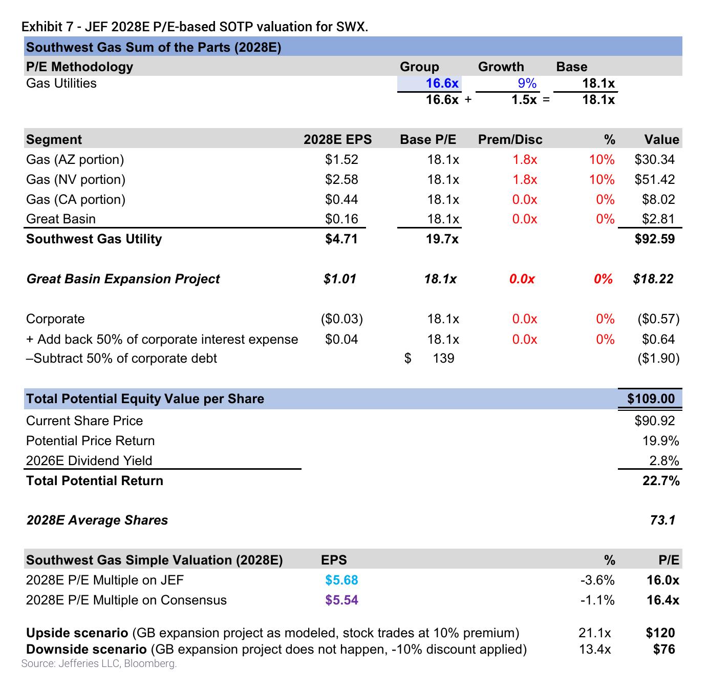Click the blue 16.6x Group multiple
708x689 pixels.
pyautogui.click(x=442, y=83)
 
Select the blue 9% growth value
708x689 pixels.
pyautogui.click(x=527, y=83)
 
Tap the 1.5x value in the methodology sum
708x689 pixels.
pyautogui.click(x=524, y=100)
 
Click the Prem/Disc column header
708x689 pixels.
pyautogui.click(x=510, y=139)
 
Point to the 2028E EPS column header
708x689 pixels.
pyautogui.click(x=337, y=139)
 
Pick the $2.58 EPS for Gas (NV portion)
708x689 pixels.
pyautogui.click(x=341, y=179)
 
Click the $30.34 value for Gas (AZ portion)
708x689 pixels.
pyautogui.click(x=654, y=159)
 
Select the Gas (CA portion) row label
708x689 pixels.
pyautogui.click(x=76, y=199)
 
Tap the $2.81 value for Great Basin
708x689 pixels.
pyautogui.click(x=658, y=219)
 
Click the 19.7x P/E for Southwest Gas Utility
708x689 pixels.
pyautogui.click(x=442, y=239)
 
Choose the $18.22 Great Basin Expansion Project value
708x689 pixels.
pyautogui.click(x=653, y=279)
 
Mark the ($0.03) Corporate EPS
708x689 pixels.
pyautogui.click(x=341, y=319)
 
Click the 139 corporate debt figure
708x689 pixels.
pyautogui.click(x=443, y=359)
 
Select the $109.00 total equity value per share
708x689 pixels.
pyautogui.click(x=651, y=399)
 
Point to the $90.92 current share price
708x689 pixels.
pyautogui.click(x=654, y=421)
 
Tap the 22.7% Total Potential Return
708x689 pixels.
pyautogui.click(x=660, y=481)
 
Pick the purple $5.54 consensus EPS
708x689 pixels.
pyautogui.click(x=341, y=600)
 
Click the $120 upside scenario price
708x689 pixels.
pyautogui.click(x=660, y=633)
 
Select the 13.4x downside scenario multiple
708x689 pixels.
pyautogui.click(x=594, y=649)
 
